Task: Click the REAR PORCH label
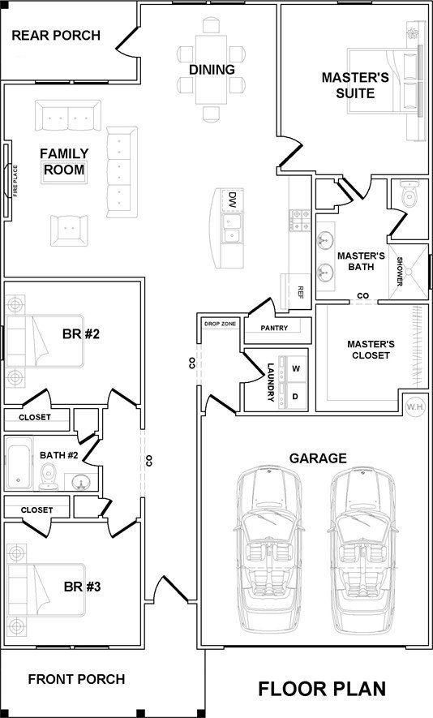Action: [56, 35]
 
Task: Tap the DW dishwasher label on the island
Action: [233, 200]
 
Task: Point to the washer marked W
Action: [296, 369]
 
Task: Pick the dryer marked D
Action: [296, 396]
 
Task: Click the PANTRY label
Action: [274, 328]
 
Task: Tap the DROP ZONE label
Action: [221, 324]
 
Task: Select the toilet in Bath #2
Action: [48, 476]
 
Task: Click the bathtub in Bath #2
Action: [19, 463]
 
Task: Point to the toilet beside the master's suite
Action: [409, 194]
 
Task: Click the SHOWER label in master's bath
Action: [399, 272]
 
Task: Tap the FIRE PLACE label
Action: [15, 181]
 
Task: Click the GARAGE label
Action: [318, 458]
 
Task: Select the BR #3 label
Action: [83, 586]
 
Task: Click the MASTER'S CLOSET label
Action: [371, 350]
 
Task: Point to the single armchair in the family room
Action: [69, 230]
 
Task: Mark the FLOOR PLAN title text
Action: [322, 689]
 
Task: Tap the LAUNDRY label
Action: [271, 382]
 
